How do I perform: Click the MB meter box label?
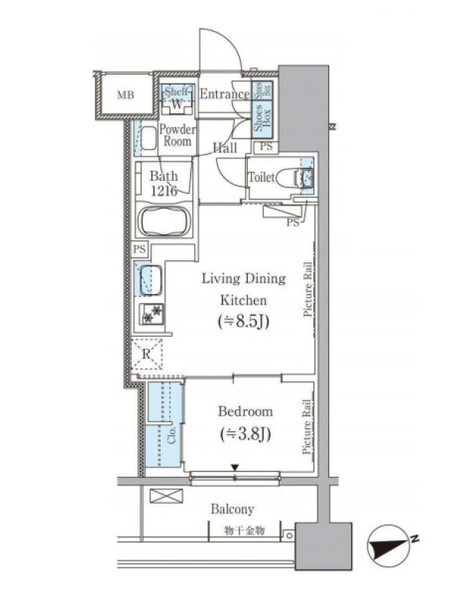click(x=126, y=95)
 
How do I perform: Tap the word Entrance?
click(x=224, y=93)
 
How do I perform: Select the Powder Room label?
click(x=177, y=135)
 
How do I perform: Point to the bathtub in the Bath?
click(x=164, y=222)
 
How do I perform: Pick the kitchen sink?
click(x=150, y=280)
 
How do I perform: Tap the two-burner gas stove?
click(x=151, y=314)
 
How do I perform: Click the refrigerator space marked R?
click(x=146, y=354)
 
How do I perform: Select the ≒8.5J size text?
click(x=243, y=321)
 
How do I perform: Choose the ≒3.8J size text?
click(x=246, y=434)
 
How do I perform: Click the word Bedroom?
click(x=246, y=412)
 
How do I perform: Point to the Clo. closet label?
click(x=172, y=435)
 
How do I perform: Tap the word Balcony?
click(x=233, y=510)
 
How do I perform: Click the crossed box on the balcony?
click(x=166, y=496)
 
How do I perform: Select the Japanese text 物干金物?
click(x=244, y=531)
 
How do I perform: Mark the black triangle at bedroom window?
click(x=235, y=467)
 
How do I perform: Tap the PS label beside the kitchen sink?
click(x=139, y=249)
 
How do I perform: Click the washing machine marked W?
click(x=177, y=104)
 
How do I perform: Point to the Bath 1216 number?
click(x=163, y=191)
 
